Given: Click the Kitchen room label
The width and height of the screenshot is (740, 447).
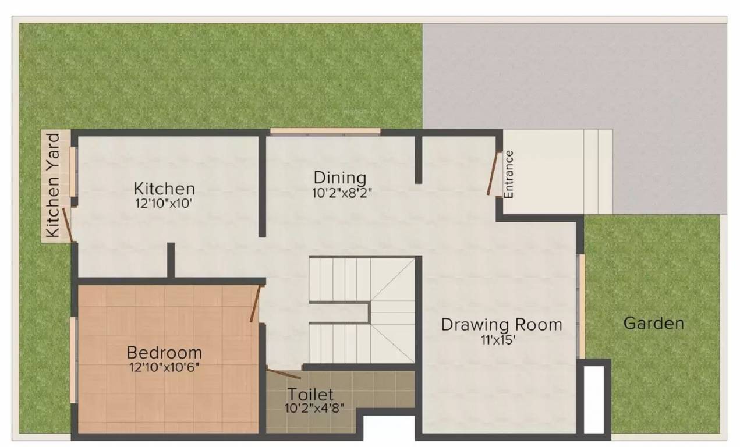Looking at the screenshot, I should (x=164, y=189).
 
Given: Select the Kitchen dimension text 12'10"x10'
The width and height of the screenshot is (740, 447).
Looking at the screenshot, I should (x=163, y=204).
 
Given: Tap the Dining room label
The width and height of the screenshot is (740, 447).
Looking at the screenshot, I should (x=340, y=177).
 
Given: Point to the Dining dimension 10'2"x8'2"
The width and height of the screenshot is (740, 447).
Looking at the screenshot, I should (x=342, y=193).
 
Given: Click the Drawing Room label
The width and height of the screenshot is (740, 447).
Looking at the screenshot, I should (x=501, y=324).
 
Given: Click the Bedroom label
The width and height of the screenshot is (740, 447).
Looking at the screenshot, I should (x=164, y=353).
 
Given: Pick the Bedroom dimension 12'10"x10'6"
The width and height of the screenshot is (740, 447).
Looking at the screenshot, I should (x=165, y=367).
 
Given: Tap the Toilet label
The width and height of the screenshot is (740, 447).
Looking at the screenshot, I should (x=310, y=395).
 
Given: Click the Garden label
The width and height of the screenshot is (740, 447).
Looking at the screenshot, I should (x=653, y=323).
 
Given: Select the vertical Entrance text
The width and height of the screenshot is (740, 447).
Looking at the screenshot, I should (x=509, y=175).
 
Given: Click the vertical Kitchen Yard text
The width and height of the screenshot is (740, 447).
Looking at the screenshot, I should (x=53, y=186).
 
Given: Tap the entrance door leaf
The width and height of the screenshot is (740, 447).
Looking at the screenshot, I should (x=493, y=173).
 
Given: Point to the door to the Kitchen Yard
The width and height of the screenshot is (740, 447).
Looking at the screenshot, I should (x=68, y=225).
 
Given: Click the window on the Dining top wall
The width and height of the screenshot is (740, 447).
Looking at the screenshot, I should (x=325, y=132).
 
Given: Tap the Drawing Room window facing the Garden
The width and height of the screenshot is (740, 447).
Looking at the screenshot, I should (x=581, y=306).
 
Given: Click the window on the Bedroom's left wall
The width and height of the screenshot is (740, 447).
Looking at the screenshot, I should (x=73, y=359).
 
